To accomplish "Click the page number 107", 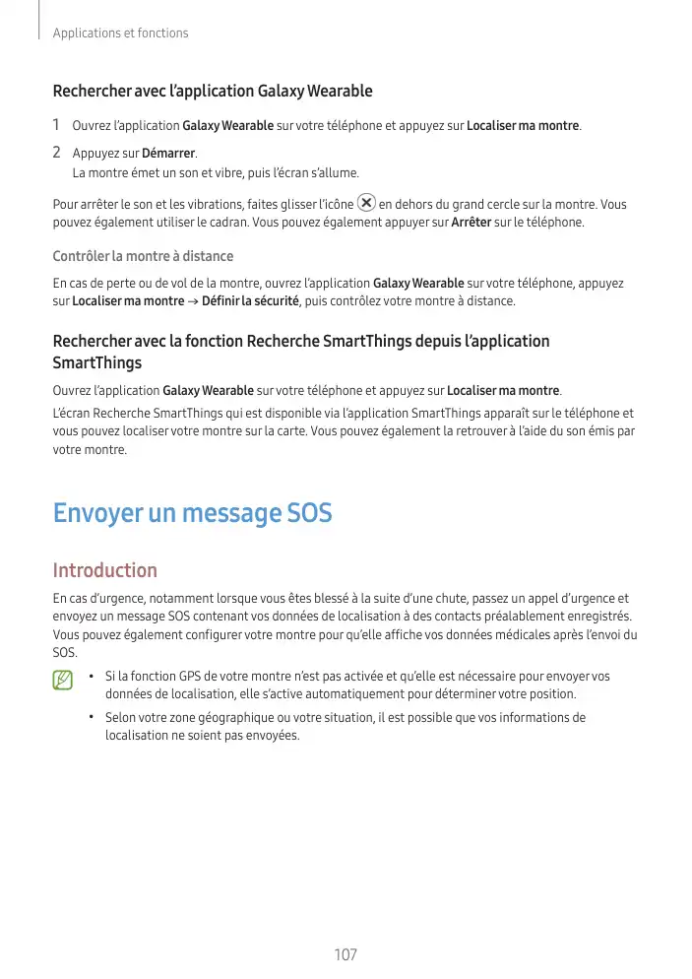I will coord(346,955).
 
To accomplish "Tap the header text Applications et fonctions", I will coord(120,33).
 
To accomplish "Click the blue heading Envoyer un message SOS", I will coord(192,513).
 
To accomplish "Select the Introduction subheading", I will coord(104,570).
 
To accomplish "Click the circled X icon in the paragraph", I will coord(366,203).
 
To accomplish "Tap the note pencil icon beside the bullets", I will coord(64,679).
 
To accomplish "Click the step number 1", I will coord(57,125).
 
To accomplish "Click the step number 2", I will coord(57,153).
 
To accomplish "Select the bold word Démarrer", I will coord(168,155).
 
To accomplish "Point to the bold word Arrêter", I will coord(472,223).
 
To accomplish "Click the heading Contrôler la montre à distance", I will coord(143,257).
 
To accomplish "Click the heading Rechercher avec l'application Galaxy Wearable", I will coord(213,92).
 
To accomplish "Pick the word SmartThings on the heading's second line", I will coord(96,363).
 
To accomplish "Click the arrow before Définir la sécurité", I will coord(193,300).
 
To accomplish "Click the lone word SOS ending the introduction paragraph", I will coord(64,653).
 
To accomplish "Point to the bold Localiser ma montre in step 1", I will coord(523,126).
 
